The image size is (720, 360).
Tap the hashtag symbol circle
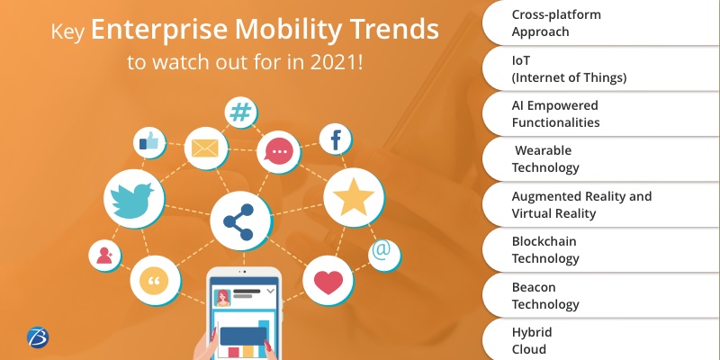[240, 113]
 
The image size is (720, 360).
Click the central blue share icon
[241, 220]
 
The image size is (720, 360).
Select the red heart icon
[328, 282]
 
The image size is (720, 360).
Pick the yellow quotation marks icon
[151, 282]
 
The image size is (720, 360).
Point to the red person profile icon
[104, 255]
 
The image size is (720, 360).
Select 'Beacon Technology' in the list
[545, 294]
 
